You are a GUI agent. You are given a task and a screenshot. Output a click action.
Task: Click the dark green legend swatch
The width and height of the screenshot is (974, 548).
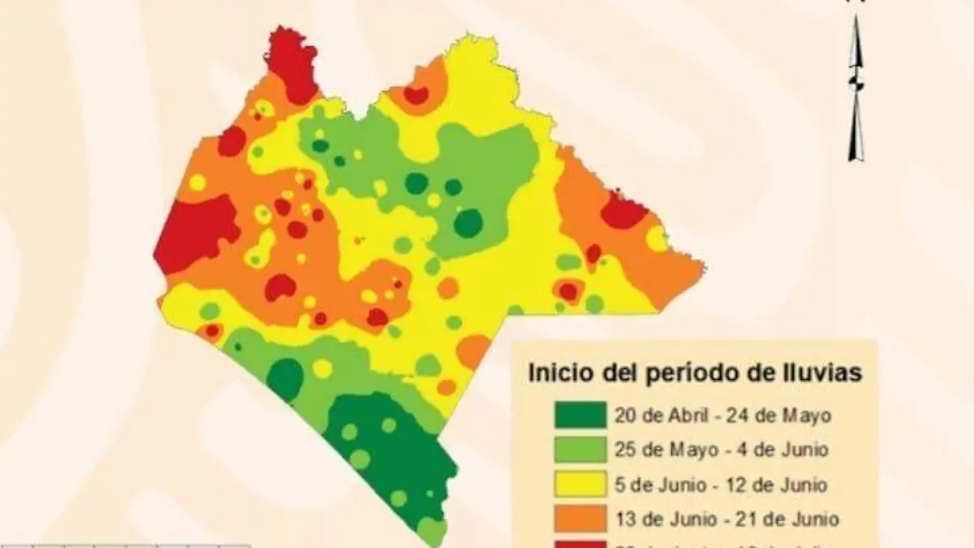(x=580, y=415)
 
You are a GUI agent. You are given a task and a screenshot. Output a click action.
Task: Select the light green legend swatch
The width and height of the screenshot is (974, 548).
(x=580, y=450)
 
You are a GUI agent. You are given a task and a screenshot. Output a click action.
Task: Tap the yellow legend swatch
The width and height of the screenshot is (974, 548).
(x=580, y=485)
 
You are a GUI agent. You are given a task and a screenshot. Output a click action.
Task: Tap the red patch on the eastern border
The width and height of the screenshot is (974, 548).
(x=623, y=212)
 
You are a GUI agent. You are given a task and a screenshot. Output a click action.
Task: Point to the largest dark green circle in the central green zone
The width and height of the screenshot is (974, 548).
(x=468, y=222)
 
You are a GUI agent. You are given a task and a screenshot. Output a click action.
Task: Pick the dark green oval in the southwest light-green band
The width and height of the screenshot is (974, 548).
(x=285, y=378)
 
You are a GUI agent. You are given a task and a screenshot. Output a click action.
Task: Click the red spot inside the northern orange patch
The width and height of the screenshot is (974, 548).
(x=416, y=95)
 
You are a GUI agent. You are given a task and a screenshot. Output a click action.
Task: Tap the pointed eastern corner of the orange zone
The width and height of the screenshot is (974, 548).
(x=703, y=270)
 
